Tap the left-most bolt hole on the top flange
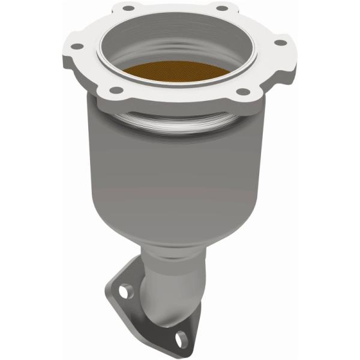point(77,46)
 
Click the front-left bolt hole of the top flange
point(116,90)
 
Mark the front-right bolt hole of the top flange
point(242,91)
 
